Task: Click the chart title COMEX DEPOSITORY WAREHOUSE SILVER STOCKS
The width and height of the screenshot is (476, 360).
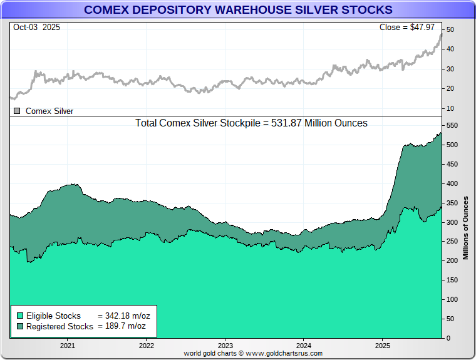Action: pyautogui.click(x=238, y=10)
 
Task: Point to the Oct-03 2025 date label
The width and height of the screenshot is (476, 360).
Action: pyautogui.click(x=36, y=28)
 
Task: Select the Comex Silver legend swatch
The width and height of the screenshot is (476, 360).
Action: pyautogui.click(x=18, y=111)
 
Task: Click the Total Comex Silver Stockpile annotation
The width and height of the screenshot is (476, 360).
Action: pyautogui.click(x=251, y=123)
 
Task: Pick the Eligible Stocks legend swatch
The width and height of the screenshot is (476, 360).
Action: pyautogui.click(x=20, y=316)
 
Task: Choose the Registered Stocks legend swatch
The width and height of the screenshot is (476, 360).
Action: pyautogui.click(x=20, y=326)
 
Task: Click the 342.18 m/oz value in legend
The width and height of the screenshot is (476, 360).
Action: pyautogui.click(x=124, y=316)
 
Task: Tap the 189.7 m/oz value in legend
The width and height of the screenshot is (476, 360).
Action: pyautogui.click(x=122, y=326)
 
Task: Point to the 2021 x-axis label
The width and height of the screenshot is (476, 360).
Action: pyautogui.click(x=67, y=345)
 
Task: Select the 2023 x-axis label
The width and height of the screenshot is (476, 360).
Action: pyautogui.click(x=225, y=345)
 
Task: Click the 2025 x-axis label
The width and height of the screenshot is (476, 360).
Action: pyautogui.click(x=383, y=345)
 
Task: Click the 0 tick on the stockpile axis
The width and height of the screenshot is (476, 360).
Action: pyautogui.click(x=448, y=338)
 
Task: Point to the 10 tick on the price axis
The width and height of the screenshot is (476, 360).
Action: pyautogui.click(x=450, y=108)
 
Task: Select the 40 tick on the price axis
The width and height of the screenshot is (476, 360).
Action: pyautogui.click(x=450, y=49)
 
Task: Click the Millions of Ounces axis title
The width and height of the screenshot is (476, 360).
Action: pyautogui.click(x=465, y=227)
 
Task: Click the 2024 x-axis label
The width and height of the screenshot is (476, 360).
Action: pyautogui.click(x=304, y=345)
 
